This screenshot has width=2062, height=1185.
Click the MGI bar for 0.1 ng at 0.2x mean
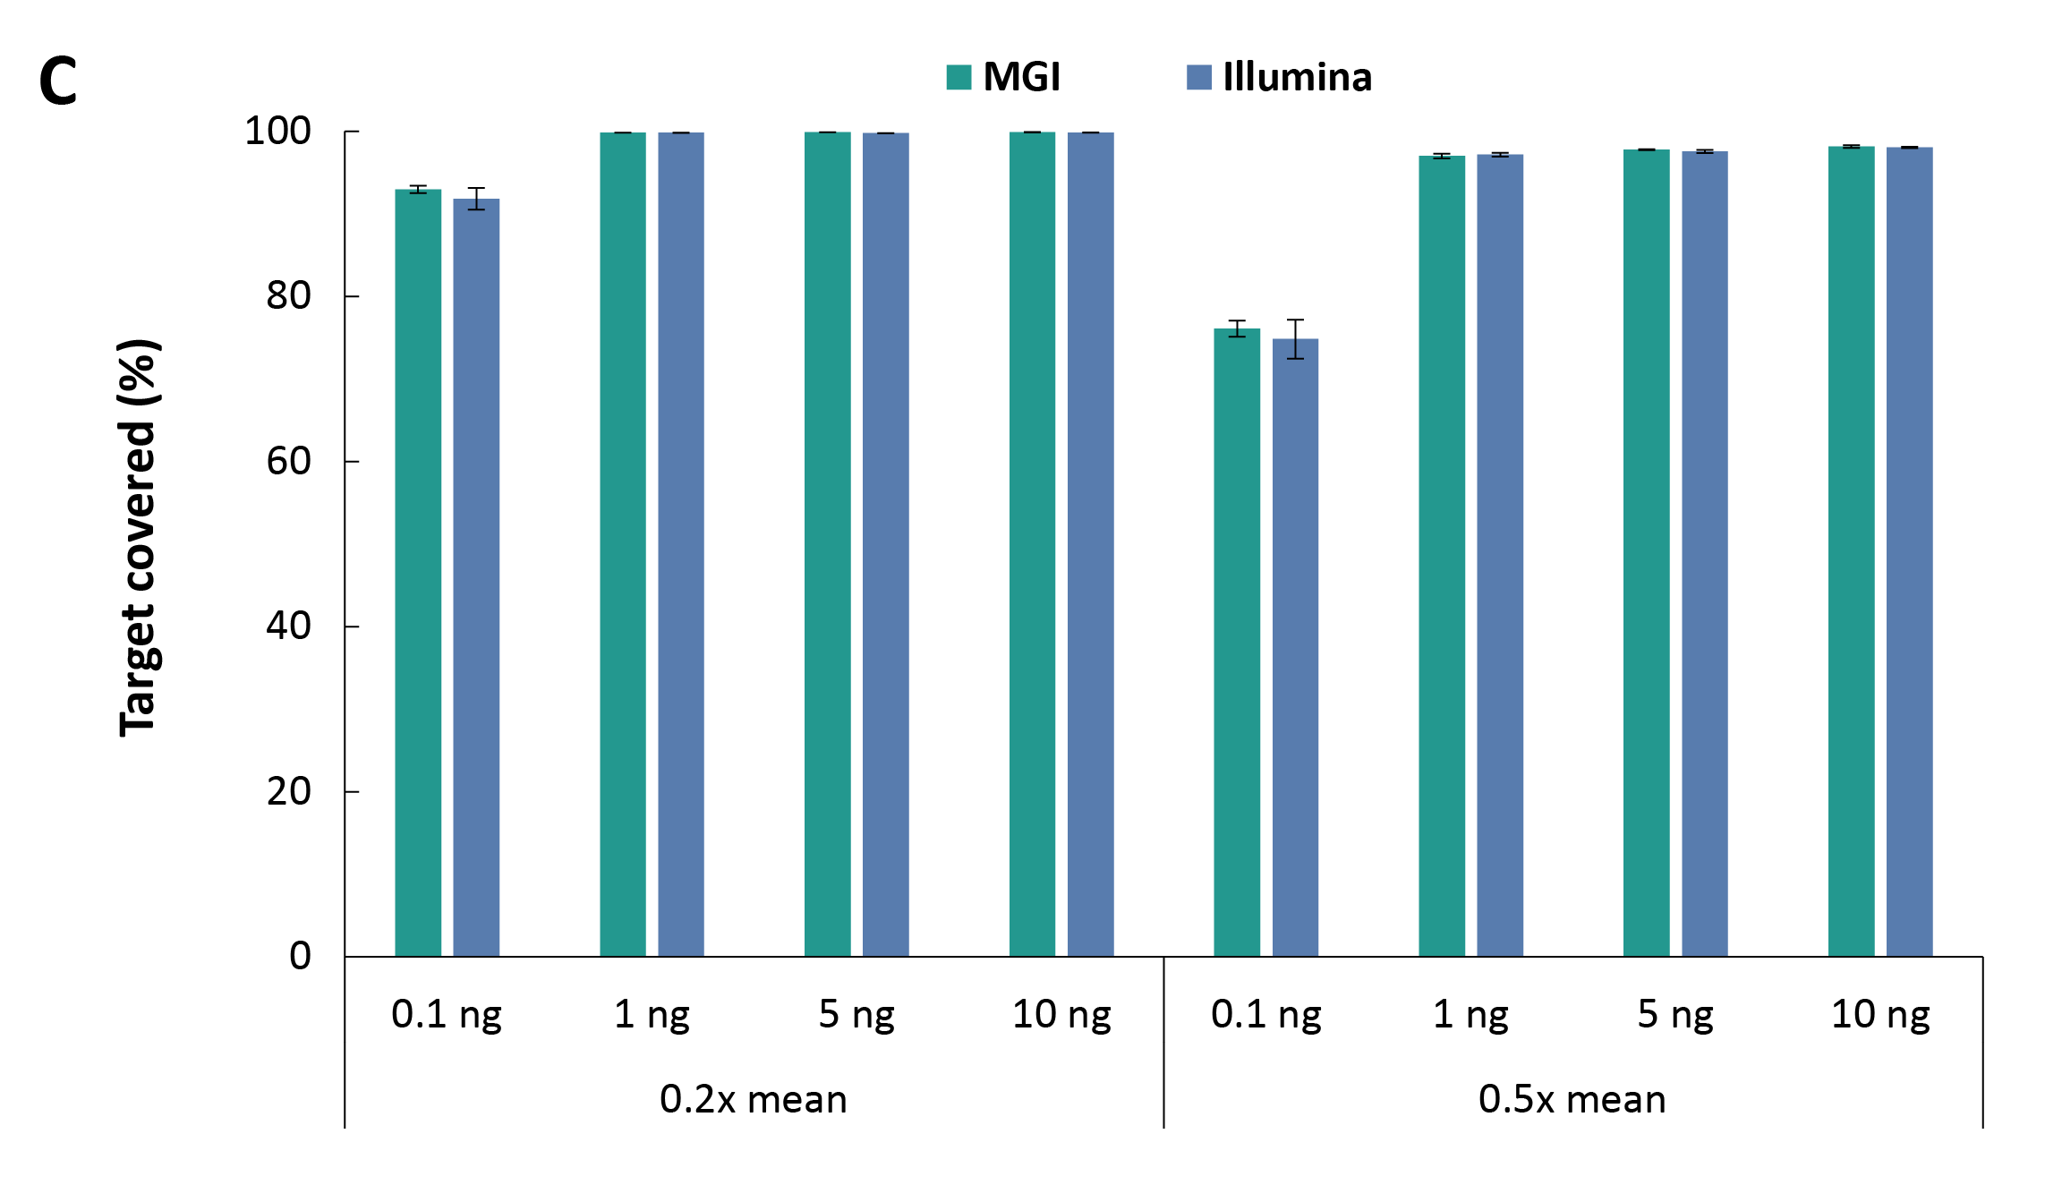point(418,573)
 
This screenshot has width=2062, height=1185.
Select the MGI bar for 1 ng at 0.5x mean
point(1441,556)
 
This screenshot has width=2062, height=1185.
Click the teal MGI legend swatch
point(959,77)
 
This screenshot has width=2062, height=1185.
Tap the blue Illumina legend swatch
point(1198,77)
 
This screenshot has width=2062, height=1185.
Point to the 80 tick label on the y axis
point(288,295)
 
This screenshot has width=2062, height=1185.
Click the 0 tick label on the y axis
point(300,956)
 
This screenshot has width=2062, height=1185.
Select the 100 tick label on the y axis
point(277,132)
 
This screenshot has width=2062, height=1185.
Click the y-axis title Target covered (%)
point(139,537)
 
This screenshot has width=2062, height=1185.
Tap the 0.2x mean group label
point(753,1099)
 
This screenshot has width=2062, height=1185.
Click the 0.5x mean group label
point(1572,1099)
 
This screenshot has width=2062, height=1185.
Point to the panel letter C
point(58,81)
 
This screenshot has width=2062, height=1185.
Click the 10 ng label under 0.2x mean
point(1061,1015)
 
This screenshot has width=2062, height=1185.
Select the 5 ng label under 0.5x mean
point(1675,1015)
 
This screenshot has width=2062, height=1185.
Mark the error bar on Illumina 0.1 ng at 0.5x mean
point(1295,338)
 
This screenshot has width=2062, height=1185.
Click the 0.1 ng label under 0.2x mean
point(446,1015)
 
